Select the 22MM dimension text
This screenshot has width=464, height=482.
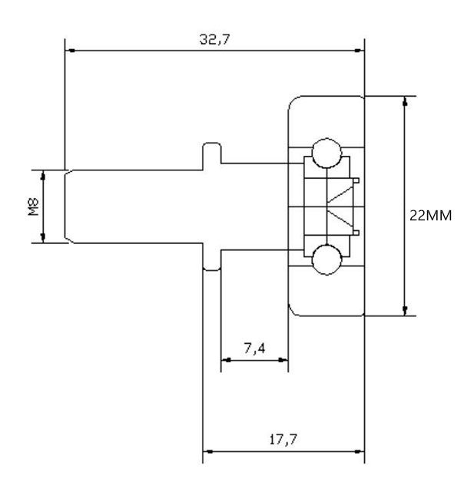(x=432, y=216)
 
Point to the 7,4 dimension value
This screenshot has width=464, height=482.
(x=254, y=349)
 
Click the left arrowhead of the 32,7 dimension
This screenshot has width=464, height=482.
(x=71, y=51)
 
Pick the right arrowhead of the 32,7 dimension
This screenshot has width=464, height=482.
(x=358, y=51)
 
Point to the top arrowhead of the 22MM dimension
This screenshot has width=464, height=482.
(x=404, y=102)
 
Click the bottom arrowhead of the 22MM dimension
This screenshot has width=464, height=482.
(x=404, y=309)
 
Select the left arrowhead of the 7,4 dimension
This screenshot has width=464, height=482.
(x=226, y=359)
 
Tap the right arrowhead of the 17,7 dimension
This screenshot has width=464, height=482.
(x=359, y=452)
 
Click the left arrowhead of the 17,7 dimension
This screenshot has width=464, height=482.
(x=208, y=452)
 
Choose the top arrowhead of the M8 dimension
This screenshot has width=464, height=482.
(x=43, y=176)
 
